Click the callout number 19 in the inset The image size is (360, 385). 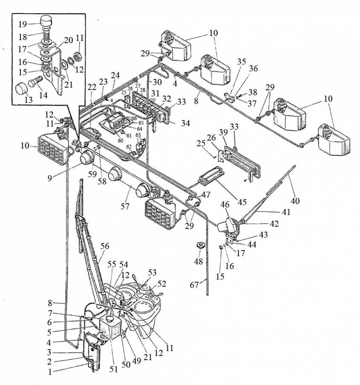point(23,24)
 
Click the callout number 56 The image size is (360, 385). point(105,246)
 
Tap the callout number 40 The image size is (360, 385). point(295,201)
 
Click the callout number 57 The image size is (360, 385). point(125,206)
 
